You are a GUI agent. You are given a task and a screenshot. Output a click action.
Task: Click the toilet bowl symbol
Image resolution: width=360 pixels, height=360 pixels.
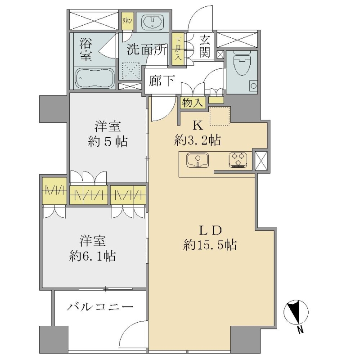[242, 63]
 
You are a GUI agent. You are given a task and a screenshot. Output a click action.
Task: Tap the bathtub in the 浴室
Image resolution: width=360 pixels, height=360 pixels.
[95, 78]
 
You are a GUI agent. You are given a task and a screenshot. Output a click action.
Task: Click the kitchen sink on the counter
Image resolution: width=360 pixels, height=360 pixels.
[198, 160]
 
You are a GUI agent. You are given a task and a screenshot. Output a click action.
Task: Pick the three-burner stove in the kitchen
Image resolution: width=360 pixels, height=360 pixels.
[238, 160]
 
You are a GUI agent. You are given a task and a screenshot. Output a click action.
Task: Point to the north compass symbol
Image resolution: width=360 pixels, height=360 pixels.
[296, 315]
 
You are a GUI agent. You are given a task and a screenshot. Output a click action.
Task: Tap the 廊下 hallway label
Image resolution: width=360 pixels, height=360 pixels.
[162, 81]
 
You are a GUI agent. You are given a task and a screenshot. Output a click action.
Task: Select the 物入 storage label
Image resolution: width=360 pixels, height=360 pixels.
[193, 103]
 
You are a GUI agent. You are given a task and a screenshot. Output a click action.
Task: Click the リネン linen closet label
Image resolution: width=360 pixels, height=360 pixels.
[127, 21]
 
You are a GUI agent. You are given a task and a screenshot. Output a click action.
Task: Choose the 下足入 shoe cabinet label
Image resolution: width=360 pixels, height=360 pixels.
[178, 49]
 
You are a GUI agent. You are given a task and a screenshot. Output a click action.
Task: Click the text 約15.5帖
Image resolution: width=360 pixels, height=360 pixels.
[210, 245]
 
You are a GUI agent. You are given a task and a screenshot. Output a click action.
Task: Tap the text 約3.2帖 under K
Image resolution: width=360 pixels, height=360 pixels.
[198, 140]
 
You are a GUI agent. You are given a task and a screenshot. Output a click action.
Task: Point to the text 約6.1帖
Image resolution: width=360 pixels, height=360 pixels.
[92, 256]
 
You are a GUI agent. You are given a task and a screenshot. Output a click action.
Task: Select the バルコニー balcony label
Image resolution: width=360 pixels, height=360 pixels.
[100, 307]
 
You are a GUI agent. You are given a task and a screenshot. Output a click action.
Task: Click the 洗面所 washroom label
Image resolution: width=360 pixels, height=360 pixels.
[147, 49]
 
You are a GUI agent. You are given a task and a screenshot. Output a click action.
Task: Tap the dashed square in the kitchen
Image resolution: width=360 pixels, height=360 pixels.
[220, 116]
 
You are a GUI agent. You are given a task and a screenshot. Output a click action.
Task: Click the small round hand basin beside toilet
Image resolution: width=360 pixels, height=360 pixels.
[254, 86]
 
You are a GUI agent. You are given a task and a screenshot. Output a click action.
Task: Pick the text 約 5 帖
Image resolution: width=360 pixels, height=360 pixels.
[108, 141]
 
